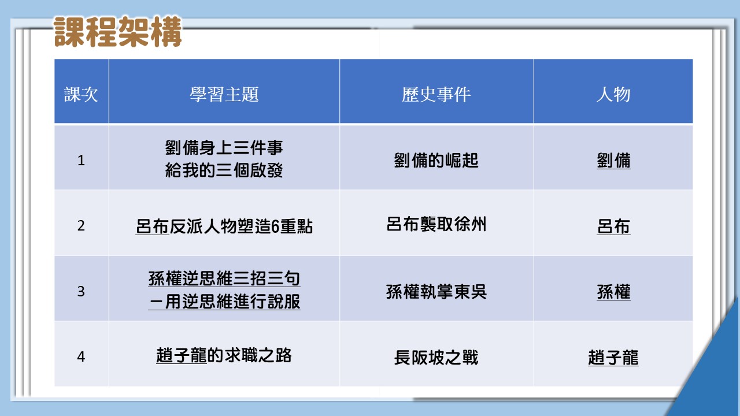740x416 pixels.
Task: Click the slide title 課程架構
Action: click(x=117, y=32)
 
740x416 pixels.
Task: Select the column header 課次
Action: click(x=81, y=94)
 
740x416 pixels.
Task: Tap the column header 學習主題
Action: click(x=224, y=94)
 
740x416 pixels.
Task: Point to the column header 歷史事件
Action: click(x=436, y=94)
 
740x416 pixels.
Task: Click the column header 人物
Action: click(x=613, y=94)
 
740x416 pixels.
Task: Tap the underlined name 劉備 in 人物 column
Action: click(x=613, y=161)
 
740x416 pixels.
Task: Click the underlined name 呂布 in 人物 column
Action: click(x=613, y=226)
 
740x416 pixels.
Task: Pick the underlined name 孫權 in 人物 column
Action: click(x=613, y=292)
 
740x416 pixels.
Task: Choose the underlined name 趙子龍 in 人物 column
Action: click(x=613, y=358)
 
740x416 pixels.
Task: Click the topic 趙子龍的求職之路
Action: click(x=224, y=355)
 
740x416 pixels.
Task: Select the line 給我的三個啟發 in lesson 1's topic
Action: click(x=224, y=170)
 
